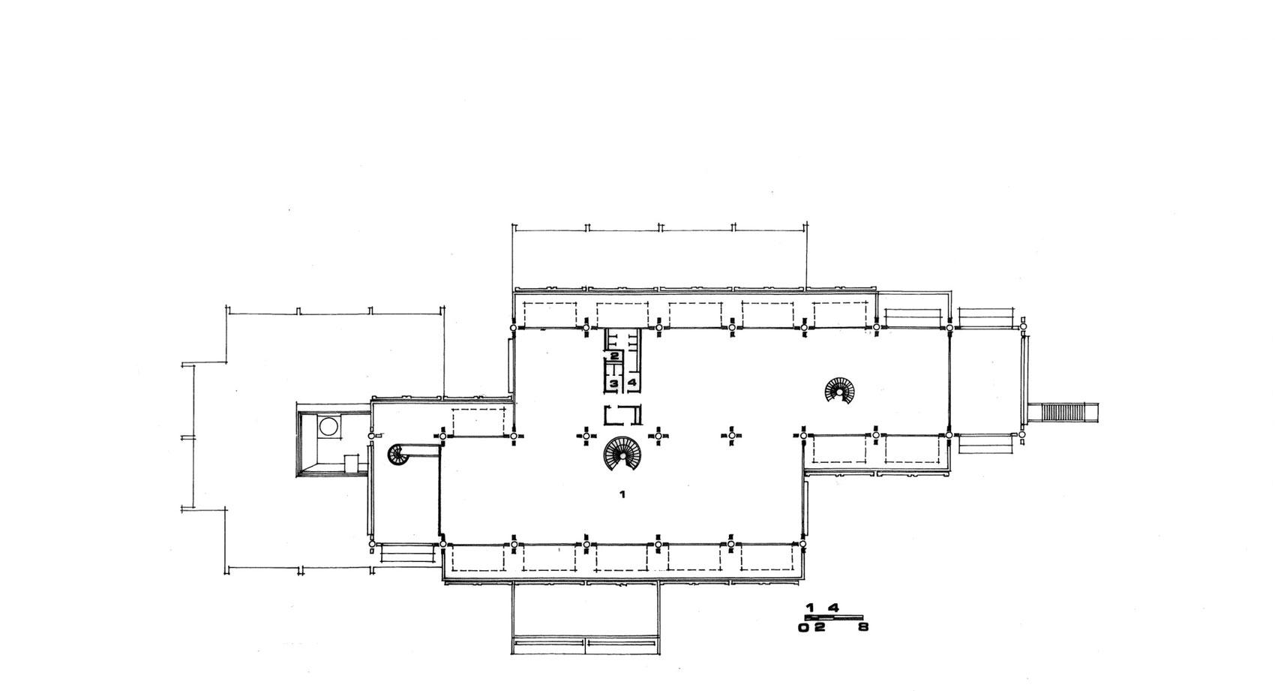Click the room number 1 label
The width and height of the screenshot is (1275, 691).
(x=622, y=494)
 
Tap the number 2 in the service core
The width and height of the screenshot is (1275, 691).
(x=614, y=356)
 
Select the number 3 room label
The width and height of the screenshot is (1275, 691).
(x=614, y=383)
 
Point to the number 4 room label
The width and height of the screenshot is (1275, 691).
(x=631, y=383)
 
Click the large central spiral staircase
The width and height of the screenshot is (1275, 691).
(x=622, y=454)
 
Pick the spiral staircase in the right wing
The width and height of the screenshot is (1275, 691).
(x=840, y=390)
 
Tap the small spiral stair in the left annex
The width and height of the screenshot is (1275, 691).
(x=399, y=454)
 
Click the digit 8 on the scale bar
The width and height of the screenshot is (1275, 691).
(x=863, y=628)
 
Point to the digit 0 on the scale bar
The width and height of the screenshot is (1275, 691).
(x=803, y=628)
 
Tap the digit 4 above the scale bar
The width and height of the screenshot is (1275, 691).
(x=833, y=608)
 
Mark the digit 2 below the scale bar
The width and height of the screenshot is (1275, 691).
(x=820, y=628)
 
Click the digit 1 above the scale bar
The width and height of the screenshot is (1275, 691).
(x=810, y=608)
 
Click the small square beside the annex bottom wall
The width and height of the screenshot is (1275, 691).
(x=352, y=463)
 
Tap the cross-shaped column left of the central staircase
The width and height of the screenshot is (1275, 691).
(x=586, y=436)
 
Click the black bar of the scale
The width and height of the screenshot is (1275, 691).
(x=833, y=617)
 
